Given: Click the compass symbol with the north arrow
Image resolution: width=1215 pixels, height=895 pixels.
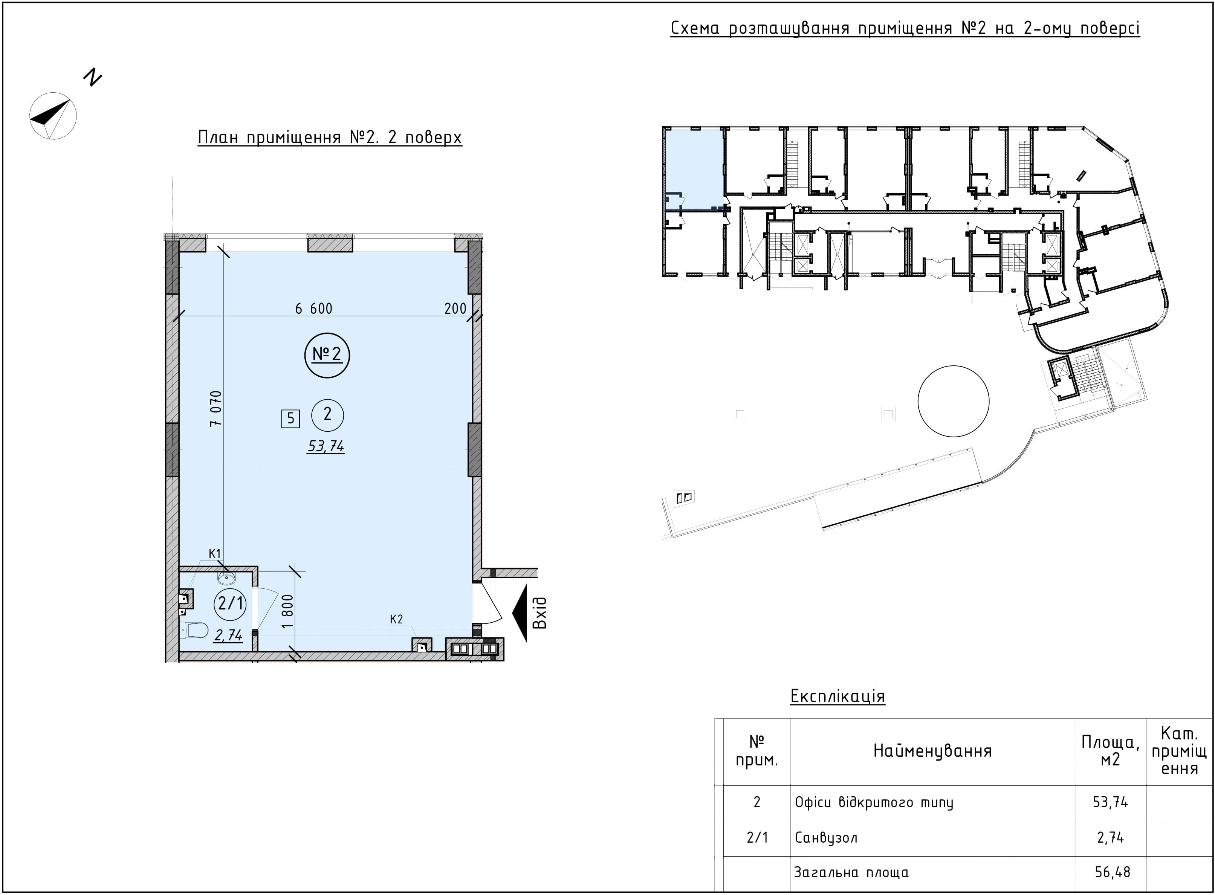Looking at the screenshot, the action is [x=53, y=116].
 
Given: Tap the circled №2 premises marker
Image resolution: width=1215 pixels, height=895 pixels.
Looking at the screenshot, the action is [x=327, y=355].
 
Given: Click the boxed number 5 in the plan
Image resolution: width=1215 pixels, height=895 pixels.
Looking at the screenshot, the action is [x=290, y=418].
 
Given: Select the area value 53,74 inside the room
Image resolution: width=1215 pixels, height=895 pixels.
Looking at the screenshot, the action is [x=326, y=446].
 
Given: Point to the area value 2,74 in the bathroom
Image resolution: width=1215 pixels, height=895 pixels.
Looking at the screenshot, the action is [x=228, y=635].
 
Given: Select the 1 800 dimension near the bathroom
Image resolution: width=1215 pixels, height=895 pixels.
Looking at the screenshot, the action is [x=287, y=611].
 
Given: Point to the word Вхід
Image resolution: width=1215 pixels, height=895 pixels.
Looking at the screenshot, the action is [x=539, y=613].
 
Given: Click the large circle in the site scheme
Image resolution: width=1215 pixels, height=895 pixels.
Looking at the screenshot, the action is [x=953, y=401].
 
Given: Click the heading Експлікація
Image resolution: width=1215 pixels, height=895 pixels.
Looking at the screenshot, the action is [x=837, y=696].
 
